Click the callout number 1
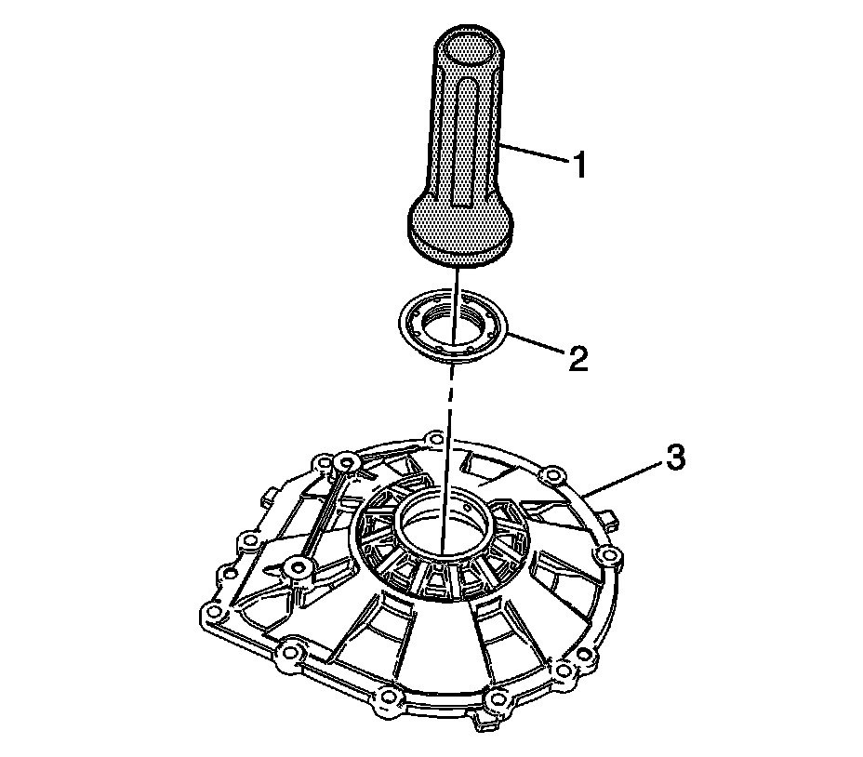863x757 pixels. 578,167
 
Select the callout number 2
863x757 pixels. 578,359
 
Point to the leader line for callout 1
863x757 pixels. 534,156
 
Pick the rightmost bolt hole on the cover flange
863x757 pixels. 609,555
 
